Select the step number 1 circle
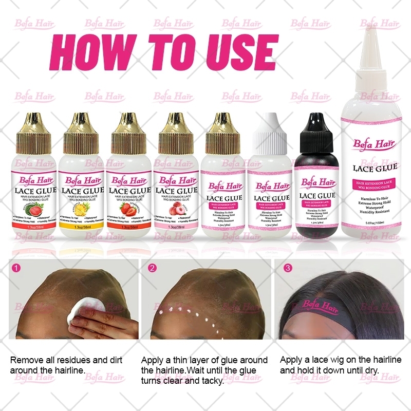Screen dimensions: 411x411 [16, 268]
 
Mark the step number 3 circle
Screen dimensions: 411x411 [287, 268]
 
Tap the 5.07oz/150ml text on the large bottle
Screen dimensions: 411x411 [373, 222]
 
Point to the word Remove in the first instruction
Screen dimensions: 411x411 [26, 360]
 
